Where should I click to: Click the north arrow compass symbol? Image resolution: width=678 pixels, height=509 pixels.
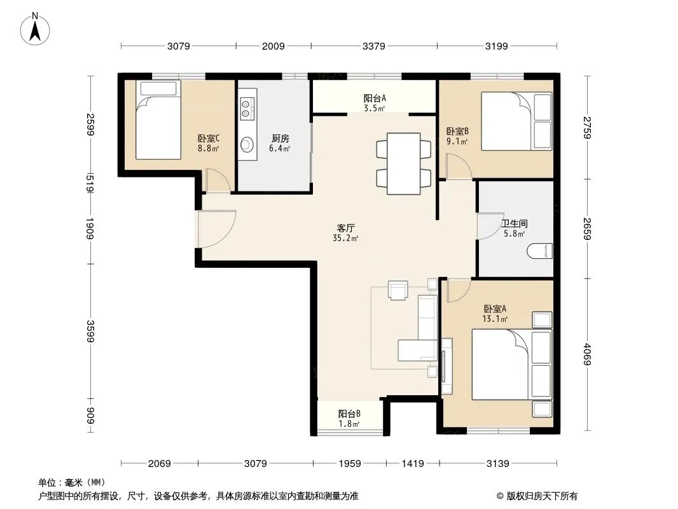pyautogui.click(x=35, y=29)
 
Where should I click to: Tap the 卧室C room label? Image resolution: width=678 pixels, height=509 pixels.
pyautogui.click(x=209, y=139)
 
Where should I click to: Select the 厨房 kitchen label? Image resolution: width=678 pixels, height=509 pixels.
pyautogui.click(x=280, y=139)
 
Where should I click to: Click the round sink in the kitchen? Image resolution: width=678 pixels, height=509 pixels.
pyautogui.click(x=247, y=144)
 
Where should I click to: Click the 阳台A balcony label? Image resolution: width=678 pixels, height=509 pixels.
pyautogui.click(x=375, y=99)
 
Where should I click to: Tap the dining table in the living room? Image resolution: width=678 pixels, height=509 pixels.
pyautogui.click(x=403, y=164)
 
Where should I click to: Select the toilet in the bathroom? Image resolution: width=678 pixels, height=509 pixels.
pyautogui.click(x=539, y=251)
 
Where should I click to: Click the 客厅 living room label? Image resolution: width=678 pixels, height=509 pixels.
pyautogui.click(x=346, y=228)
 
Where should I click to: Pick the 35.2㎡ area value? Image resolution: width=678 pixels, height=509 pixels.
pyautogui.click(x=345, y=238)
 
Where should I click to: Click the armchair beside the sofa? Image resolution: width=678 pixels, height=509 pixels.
pyautogui.click(x=398, y=289)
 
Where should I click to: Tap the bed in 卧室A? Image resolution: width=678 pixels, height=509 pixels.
pyautogui.click(x=511, y=365)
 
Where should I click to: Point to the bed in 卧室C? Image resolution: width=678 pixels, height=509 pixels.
pyautogui.click(x=158, y=120)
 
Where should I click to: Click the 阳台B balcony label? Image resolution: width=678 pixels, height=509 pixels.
pyautogui.click(x=349, y=414)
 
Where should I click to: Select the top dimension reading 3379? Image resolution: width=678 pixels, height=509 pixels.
pyautogui.click(x=373, y=46)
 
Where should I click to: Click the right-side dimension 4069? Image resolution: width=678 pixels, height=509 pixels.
pyautogui.click(x=587, y=354)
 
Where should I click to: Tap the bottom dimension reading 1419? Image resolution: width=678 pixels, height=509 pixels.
pyautogui.click(x=413, y=464)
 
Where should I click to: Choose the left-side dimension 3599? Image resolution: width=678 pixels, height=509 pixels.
pyautogui.click(x=90, y=331)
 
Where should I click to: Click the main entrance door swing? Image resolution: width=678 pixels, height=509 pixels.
pyautogui.click(x=217, y=229)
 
